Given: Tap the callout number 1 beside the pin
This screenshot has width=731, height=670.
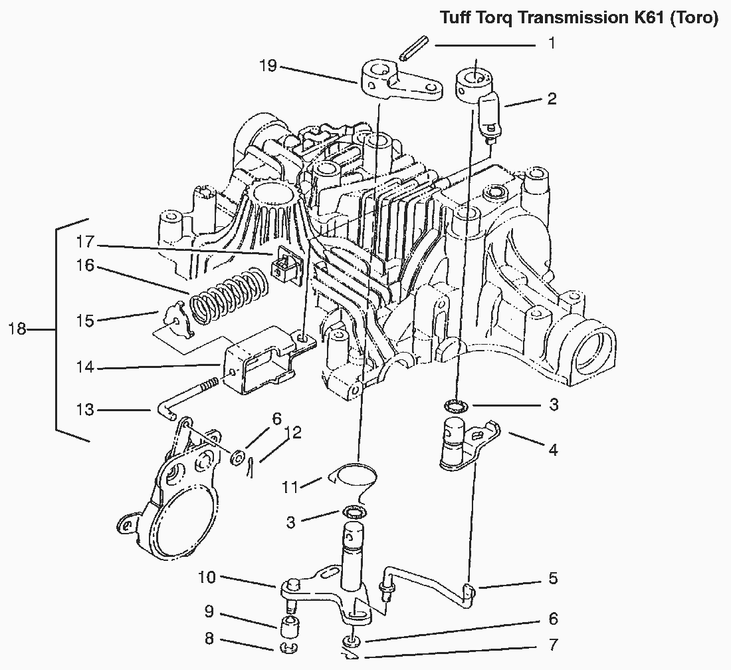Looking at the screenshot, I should click(x=551, y=44).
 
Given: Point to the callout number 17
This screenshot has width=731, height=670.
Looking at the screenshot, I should click(x=86, y=241).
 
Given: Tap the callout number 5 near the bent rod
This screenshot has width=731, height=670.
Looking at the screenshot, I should click(x=552, y=578).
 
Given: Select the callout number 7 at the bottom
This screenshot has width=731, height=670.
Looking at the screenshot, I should click(x=552, y=644).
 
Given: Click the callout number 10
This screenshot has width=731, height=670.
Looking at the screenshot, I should click(x=207, y=577).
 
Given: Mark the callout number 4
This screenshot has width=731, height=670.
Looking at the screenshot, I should click(x=552, y=450).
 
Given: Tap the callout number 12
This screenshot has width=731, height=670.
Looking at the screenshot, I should click(x=293, y=433).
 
